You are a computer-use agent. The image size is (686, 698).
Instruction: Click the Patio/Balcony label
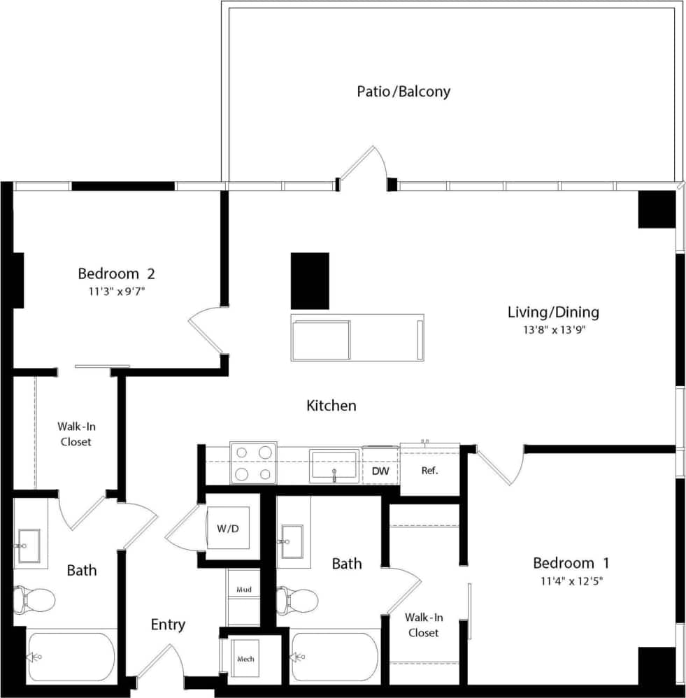(403, 92)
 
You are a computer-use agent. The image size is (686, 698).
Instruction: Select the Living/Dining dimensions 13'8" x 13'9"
(552, 330)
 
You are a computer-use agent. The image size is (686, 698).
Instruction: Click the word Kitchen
(331, 406)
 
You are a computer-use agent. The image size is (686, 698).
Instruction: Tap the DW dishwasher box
(380, 471)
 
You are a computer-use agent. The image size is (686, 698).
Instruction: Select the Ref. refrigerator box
(429, 471)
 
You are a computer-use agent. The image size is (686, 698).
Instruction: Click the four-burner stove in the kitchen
(253, 463)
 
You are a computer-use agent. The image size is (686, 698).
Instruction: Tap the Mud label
(243, 590)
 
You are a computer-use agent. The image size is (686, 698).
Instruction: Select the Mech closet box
(245, 659)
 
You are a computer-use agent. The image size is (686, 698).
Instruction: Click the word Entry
(168, 625)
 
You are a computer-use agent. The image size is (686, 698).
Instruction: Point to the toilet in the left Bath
(34, 599)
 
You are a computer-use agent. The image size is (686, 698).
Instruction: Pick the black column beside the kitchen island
(310, 280)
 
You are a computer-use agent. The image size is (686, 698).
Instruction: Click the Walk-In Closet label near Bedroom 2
(76, 434)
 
